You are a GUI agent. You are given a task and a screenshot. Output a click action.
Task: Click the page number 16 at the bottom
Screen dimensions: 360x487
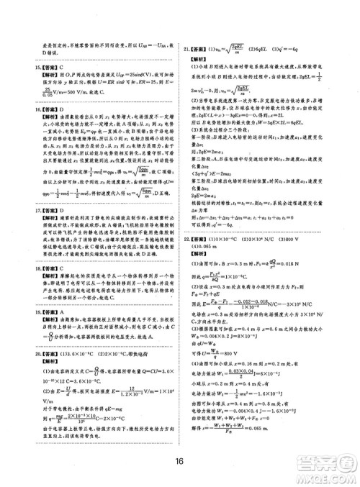pos(180,462)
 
